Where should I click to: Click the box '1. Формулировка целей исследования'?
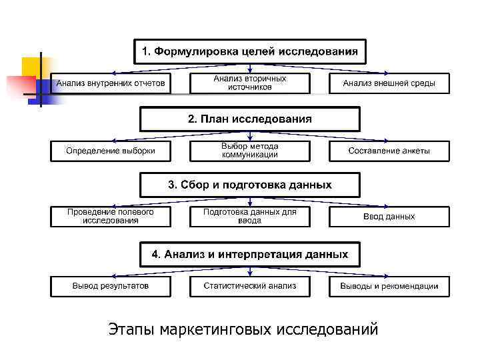[249, 51]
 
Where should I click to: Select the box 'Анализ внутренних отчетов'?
[111, 83]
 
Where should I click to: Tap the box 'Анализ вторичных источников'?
[249, 83]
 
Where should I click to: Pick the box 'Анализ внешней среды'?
[389, 83]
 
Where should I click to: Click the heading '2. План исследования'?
[249, 119]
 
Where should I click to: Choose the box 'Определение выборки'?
[111, 151]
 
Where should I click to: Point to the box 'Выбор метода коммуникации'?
[249, 151]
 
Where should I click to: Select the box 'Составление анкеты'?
[389, 151]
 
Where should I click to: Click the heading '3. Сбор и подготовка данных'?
[249, 185]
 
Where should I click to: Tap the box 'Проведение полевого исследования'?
[111, 216]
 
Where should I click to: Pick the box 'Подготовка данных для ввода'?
[249, 216]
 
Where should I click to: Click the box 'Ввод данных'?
[389, 216]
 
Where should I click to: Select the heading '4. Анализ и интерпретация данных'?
[249, 254]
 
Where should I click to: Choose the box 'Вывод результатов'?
[111, 286]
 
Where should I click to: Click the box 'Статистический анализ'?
[249, 286]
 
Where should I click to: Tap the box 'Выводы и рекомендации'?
[389, 286]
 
